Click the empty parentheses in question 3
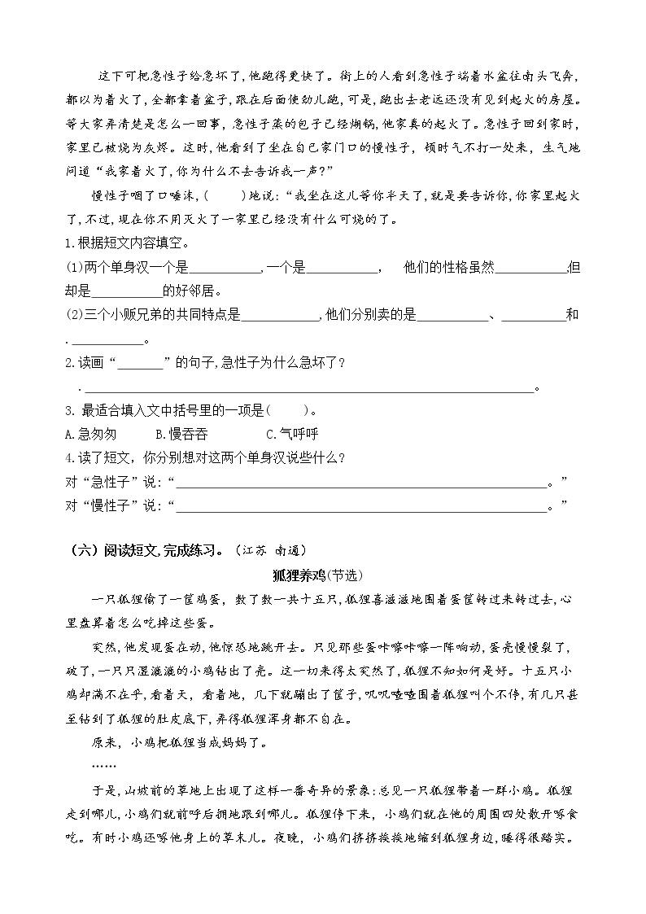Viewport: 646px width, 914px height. pos(286,409)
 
